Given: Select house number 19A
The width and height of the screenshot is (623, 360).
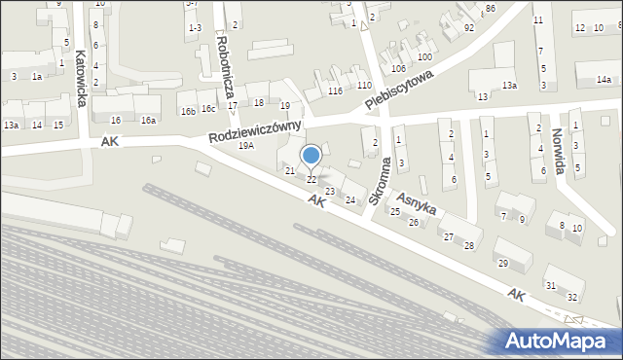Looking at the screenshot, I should [246, 145].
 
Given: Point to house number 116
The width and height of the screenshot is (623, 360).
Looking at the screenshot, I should [336, 90].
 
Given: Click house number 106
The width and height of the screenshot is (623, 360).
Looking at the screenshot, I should [398, 68].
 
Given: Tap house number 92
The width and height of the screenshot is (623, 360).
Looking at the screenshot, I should [469, 27].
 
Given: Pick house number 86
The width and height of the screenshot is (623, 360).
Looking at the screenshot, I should [491, 8].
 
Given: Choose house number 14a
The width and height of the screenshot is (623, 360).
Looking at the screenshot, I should [605, 79].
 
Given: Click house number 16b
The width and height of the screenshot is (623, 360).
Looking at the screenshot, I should [188, 111].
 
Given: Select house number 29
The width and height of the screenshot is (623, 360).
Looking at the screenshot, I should [501, 264].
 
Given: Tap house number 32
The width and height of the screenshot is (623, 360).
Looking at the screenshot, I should [572, 296].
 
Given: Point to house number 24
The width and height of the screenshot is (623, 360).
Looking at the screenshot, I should [350, 199].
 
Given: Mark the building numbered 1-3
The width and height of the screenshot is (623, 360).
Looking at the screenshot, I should [195, 27].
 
